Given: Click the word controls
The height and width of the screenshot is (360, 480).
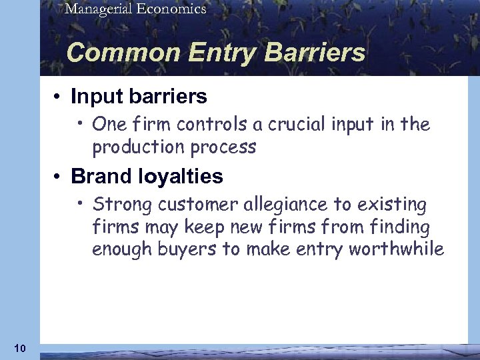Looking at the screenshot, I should [203, 124].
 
